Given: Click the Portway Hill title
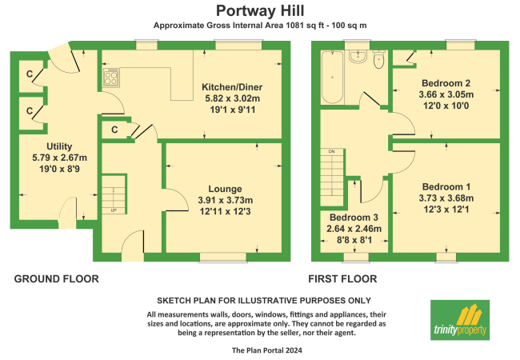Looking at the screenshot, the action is (x=260, y=11).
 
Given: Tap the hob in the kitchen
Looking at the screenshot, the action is (x=110, y=78).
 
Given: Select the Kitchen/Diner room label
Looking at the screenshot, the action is (x=232, y=87).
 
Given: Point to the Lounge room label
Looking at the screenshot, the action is (x=225, y=189).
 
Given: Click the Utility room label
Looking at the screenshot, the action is (x=59, y=146).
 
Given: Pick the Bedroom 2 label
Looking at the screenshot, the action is (x=446, y=83).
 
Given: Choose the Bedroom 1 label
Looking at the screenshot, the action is (x=446, y=187).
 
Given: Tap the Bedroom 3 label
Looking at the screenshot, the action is (x=354, y=218).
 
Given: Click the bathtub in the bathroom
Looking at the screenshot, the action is (x=332, y=78).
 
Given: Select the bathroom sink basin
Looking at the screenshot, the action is (x=358, y=56).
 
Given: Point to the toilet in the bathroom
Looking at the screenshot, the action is (x=378, y=59).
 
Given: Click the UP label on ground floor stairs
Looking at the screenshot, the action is (x=114, y=210).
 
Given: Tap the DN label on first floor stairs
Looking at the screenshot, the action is (x=332, y=151).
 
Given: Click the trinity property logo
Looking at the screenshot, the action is (x=460, y=320).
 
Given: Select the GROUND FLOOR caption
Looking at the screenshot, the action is (x=56, y=279).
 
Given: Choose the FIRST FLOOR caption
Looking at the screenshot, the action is (x=342, y=279).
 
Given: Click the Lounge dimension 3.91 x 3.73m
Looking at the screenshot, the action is (x=225, y=200).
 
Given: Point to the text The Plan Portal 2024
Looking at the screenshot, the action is (x=267, y=350).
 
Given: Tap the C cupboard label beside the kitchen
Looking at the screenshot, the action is (x=114, y=130).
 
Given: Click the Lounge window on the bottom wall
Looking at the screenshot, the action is (x=223, y=258).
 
